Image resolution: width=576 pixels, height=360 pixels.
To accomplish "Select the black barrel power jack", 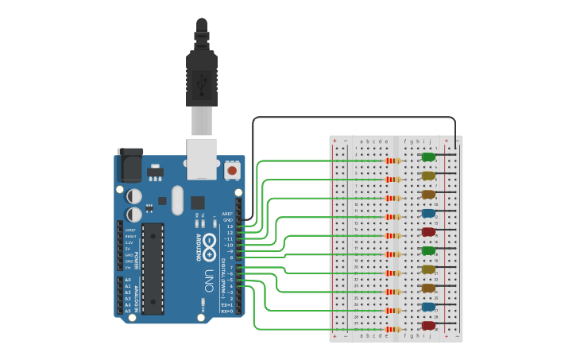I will (130, 165).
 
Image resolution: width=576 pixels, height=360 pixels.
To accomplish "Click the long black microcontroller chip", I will (153, 268).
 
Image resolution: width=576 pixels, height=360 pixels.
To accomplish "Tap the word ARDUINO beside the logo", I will (199, 247).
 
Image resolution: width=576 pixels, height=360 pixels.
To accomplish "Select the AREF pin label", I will (228, 214).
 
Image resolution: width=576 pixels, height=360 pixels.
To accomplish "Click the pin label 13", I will (230, 226).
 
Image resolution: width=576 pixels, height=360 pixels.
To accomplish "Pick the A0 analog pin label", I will (128, 280).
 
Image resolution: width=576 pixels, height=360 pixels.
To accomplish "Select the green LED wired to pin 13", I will (428, 157).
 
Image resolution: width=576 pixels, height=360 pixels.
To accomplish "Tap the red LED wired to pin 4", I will (428, 325).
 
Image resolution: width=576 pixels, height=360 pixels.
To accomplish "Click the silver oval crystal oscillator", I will (177, 199).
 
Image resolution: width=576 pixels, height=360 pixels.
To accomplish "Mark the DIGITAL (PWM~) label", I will (222, 270).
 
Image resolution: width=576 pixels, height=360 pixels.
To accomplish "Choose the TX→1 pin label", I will (226, 305).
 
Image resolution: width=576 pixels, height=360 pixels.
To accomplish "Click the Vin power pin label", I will (128, 267).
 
